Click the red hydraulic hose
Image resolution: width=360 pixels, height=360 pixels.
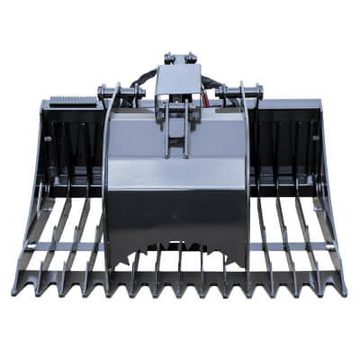click(x=210, y=90)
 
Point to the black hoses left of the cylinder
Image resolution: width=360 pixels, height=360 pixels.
click(x=139, y=85)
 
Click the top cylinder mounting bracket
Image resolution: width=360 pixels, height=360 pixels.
click(x=177, y=60)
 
